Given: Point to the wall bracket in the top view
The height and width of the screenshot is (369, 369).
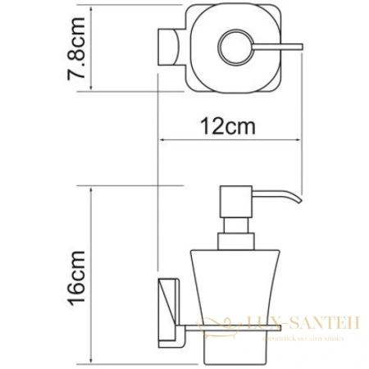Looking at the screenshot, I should coord(166,47).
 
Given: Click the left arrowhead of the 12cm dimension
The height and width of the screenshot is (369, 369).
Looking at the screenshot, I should coord(161,140).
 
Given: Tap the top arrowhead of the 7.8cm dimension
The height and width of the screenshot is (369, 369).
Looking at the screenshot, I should coord(91,7).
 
